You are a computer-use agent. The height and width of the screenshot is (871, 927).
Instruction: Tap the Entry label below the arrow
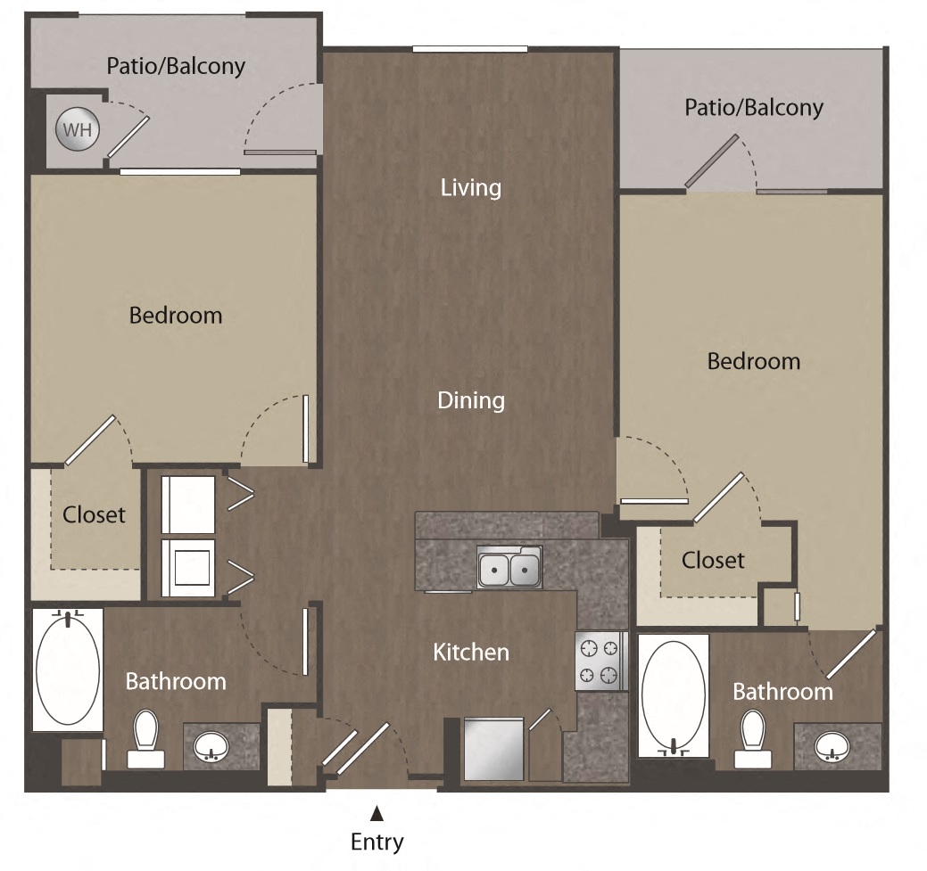tap(377, 842)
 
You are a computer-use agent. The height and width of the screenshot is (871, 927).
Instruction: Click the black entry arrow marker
tap(377, 812)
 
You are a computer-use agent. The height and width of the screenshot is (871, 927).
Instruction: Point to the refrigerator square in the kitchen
tap(493, 748)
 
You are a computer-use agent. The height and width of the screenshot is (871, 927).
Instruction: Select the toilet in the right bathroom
tap(753, 738)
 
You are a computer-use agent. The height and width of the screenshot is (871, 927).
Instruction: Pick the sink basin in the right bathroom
tap(832, 745)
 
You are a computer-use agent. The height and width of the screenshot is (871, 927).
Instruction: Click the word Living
tap(471, 188)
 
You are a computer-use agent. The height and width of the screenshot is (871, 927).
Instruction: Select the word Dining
tap(471, 401)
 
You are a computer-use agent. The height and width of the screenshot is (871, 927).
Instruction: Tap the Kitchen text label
tap(471, 653)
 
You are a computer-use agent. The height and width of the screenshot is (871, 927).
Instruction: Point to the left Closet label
tap(94, 515)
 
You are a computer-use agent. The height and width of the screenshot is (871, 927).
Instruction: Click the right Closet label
tap(713, 560)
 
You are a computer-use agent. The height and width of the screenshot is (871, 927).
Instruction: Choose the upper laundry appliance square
tap(188, 505)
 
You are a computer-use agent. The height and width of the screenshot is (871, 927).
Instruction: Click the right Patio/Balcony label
tap(754, 108)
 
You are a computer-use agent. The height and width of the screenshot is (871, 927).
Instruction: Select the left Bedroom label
tap(176, 316)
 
